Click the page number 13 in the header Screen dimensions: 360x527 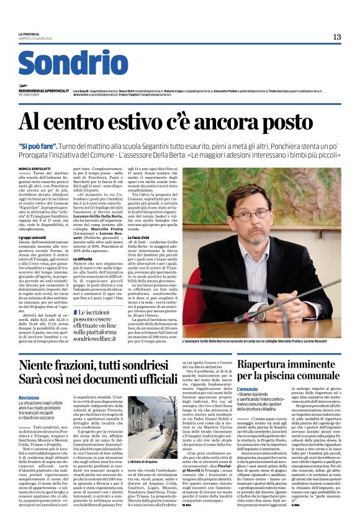[x=336, y=37]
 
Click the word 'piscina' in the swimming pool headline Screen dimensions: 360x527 [x=277, y=375]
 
